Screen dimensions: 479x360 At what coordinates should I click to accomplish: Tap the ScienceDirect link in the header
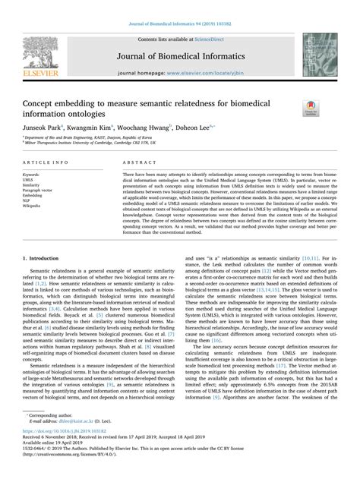[x=209, y=37]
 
